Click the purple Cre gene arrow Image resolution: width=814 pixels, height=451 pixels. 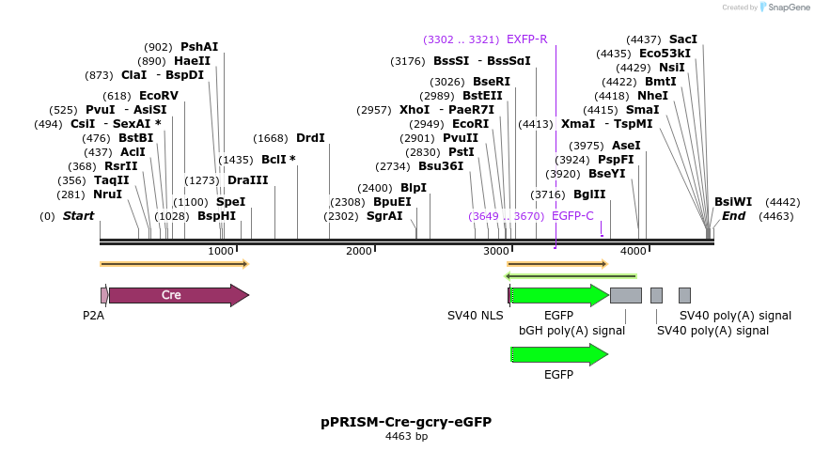(x=179, y=295)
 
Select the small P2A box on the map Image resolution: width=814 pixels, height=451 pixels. (x=103, y=295)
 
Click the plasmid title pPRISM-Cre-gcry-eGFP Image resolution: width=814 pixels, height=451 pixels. (x=406, y=422)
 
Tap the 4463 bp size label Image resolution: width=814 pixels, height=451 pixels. (x=406, y=437)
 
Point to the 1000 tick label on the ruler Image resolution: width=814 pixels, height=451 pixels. (x=221, y=251)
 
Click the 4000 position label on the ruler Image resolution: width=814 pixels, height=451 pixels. (x=635, y=251)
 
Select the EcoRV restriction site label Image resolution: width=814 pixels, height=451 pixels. (x=158, y=96)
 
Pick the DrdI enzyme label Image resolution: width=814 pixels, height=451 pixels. (x=310, y=138)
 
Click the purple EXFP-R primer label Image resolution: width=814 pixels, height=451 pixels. (x=526, y=39)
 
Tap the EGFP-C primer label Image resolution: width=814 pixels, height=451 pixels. (x=572, y=216)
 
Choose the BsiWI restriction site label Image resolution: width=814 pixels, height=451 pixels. (x=733, y=202)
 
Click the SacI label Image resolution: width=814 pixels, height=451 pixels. (x=683, y=39)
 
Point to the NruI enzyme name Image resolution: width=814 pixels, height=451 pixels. (x=107, y=194)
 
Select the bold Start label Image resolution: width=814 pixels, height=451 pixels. (x=79, y=216)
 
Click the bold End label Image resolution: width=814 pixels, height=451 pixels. (x=733, y=216)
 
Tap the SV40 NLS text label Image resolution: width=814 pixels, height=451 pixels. (x=475, y=316)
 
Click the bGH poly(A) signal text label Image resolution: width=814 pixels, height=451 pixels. (x=571, y=331)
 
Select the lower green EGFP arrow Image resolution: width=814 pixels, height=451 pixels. (x=559, y=354)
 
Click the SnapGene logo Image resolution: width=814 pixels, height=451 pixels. (x=778, y=8)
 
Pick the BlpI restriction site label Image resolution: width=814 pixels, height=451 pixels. (x=414, y=188)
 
